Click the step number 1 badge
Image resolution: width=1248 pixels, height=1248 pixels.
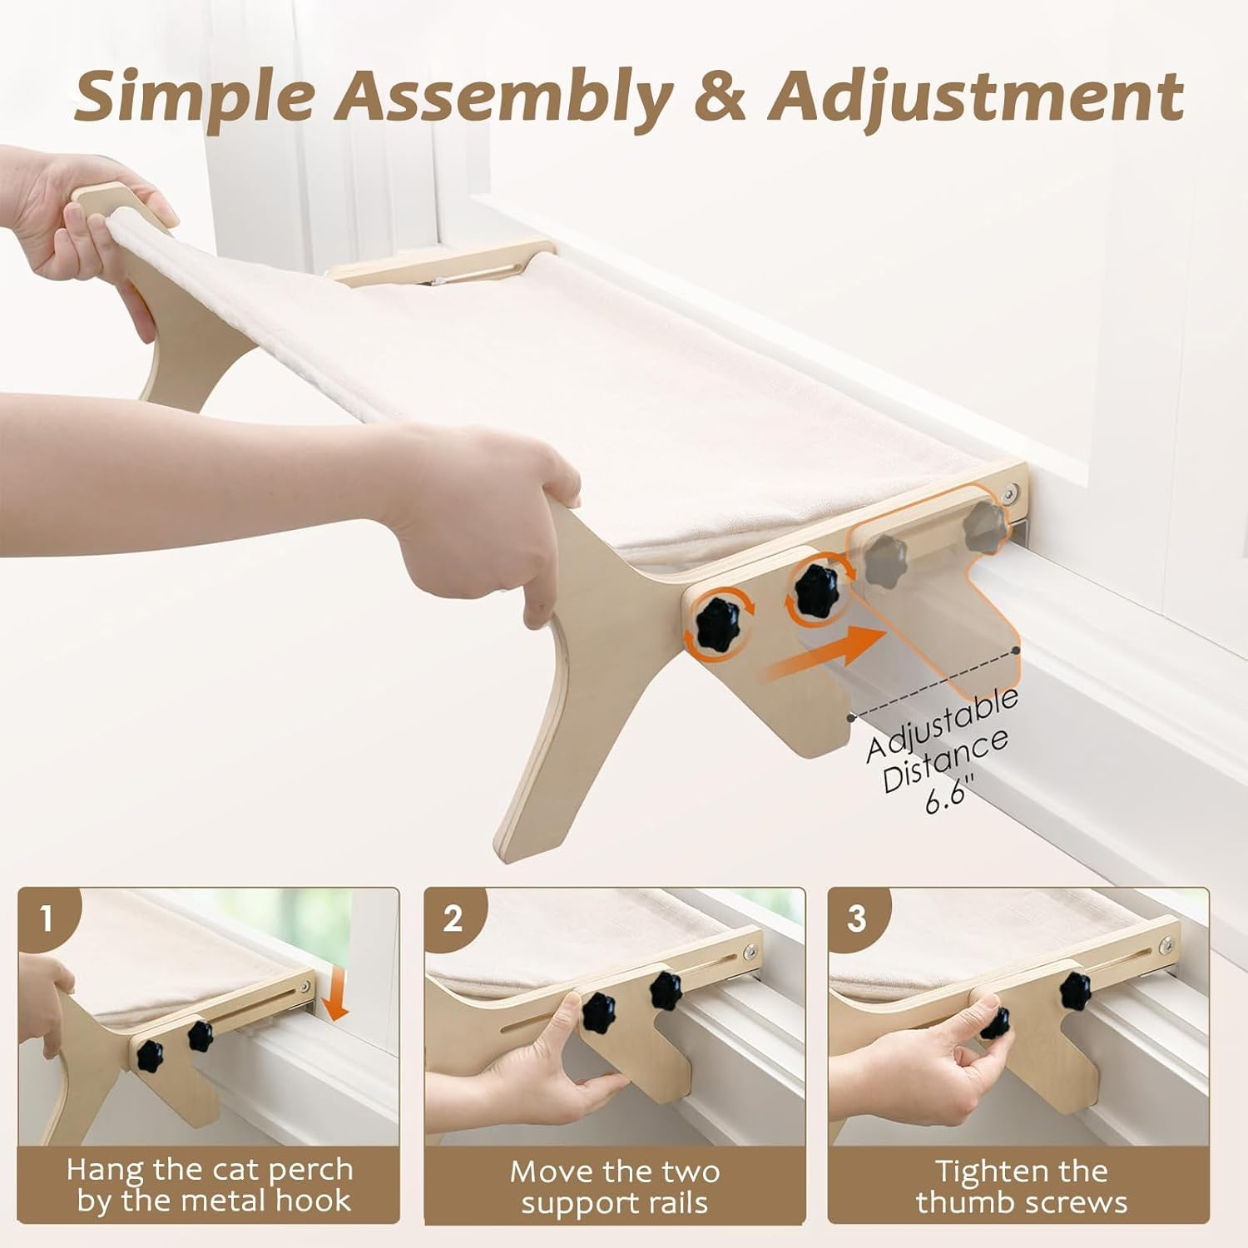[46, 919]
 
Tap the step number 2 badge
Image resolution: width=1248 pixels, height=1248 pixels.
[452, 919]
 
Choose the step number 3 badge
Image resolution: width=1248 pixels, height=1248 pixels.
[856, 919]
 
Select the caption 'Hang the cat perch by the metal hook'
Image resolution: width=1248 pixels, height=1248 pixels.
[210, 1185]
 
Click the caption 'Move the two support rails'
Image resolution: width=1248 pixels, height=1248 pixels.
[615, 1187]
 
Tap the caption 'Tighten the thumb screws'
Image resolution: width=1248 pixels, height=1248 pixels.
[1021, 1187]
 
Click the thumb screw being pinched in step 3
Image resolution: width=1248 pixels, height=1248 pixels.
[996, 1023]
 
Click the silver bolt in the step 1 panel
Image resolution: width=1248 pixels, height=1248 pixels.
[307, 987]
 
